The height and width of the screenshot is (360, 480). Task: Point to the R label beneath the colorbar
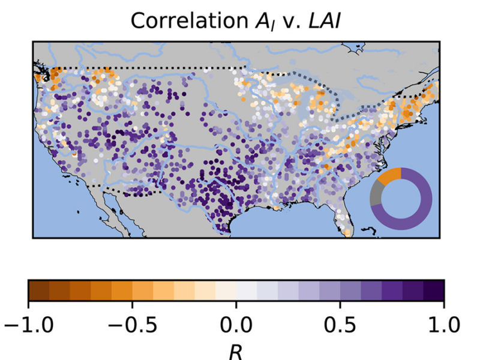[236, 352]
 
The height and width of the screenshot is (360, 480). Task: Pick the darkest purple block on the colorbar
[434, 290]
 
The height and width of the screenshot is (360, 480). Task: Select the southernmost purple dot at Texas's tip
[224, 229]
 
